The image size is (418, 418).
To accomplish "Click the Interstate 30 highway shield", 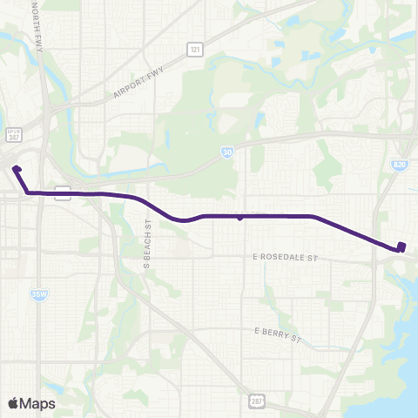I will point(226,151).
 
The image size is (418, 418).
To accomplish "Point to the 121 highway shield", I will point(195,51).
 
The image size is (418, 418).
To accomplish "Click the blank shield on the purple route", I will point(63,192).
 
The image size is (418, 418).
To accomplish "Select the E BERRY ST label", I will point(276,332).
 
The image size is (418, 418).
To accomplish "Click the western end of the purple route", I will point(17,167).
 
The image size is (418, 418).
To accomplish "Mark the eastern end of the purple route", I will point(401,246).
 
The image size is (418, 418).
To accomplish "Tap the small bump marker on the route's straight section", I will point(239,219).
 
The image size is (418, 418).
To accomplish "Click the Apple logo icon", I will point(14,403).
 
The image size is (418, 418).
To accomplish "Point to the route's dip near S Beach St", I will point(180,219).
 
